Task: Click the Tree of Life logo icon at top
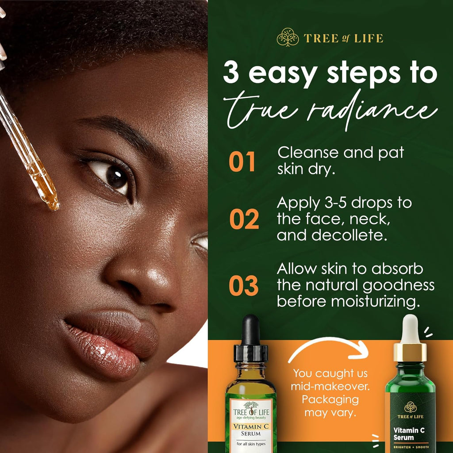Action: [288, 38]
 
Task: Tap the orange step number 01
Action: [242, 162]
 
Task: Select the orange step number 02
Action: [244, 220]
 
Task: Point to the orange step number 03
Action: [243, 286]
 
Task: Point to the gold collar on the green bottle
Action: [410, 352]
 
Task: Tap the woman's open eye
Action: [113, 177]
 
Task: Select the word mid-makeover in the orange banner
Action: [330, 386]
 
